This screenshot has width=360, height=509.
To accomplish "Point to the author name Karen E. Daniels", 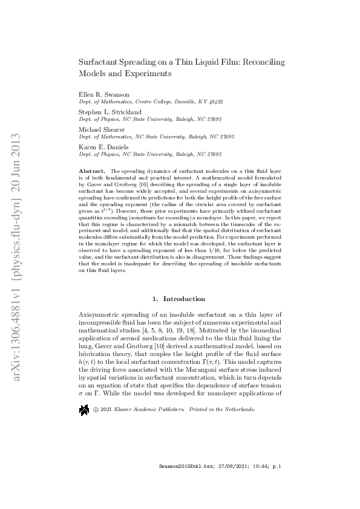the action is [103, 146].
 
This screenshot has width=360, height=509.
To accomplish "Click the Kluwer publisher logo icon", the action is [84, 393].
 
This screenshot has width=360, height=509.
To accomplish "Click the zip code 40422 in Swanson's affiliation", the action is [214, 103].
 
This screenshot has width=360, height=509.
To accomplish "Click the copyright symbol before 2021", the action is [96, 392].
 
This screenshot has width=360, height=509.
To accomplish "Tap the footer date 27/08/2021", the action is [226, 484].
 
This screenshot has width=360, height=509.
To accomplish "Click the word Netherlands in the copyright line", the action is [238, 392].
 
